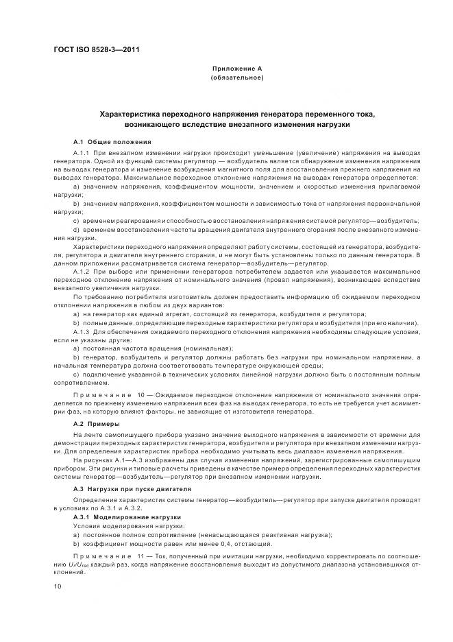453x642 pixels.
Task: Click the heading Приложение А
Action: [x=236, y=69]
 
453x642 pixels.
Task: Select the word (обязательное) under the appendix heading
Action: [x=236, y=78]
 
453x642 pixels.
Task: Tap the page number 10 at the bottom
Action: [x=58, y=586]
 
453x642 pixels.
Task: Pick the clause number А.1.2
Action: [x=82, y=272]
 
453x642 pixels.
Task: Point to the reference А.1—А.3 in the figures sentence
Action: [x=123, y=462]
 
